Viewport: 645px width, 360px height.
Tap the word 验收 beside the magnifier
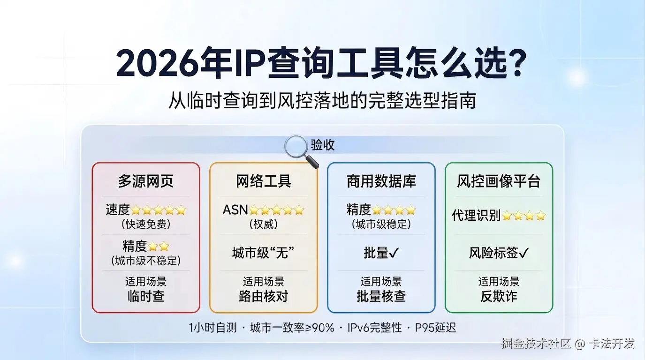tap(323, 145)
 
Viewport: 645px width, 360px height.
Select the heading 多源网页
tap(146, 181)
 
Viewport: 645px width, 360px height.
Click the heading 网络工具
tap(264, 181)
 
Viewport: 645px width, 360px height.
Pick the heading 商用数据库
tap(381, 181)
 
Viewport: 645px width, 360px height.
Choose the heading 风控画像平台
tap(499, 181)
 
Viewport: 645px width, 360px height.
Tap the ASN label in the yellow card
tap(235, 210)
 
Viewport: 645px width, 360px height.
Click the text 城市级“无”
tap(263, 253)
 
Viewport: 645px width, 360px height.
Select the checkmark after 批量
tap(395, 253)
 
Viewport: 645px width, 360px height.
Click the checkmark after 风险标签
tap(524, 253)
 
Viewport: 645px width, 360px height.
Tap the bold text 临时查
tap(146, 296)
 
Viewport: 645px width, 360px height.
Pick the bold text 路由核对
tap(263, 296)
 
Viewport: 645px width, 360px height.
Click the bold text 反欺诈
tap(499, 296)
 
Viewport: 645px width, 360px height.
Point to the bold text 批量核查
tap(381, 296)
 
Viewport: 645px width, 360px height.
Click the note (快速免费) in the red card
tap(146, 224)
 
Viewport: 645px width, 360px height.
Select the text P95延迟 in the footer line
tap(435, 328)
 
